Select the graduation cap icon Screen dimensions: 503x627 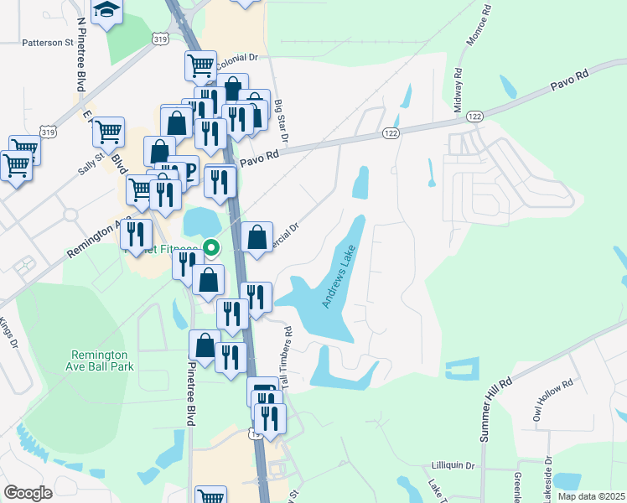tap(107, 10)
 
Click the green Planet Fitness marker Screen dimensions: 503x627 tap(211, 247)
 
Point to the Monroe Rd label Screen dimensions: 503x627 tap(471, 30)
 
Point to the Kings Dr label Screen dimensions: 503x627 tap(8, 332)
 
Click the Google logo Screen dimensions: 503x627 tap(28, 493)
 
